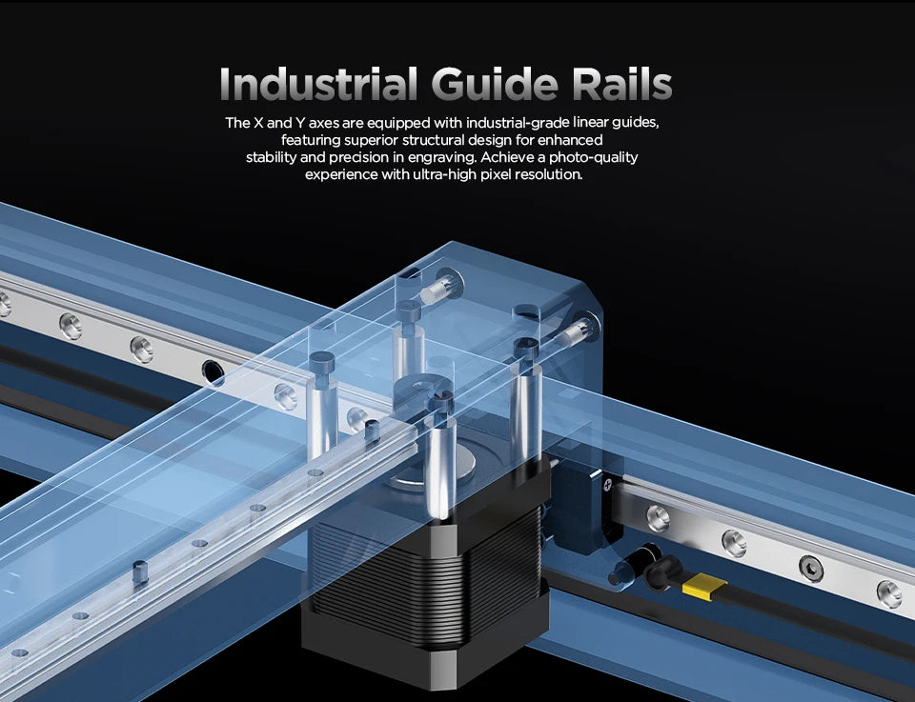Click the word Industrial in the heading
pos(318,84)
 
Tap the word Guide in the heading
pos(495,84)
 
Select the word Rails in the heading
pos(622,84)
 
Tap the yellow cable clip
pos(704,586)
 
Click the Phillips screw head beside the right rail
pos(608,484)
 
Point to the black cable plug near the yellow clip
pos(662,572)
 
